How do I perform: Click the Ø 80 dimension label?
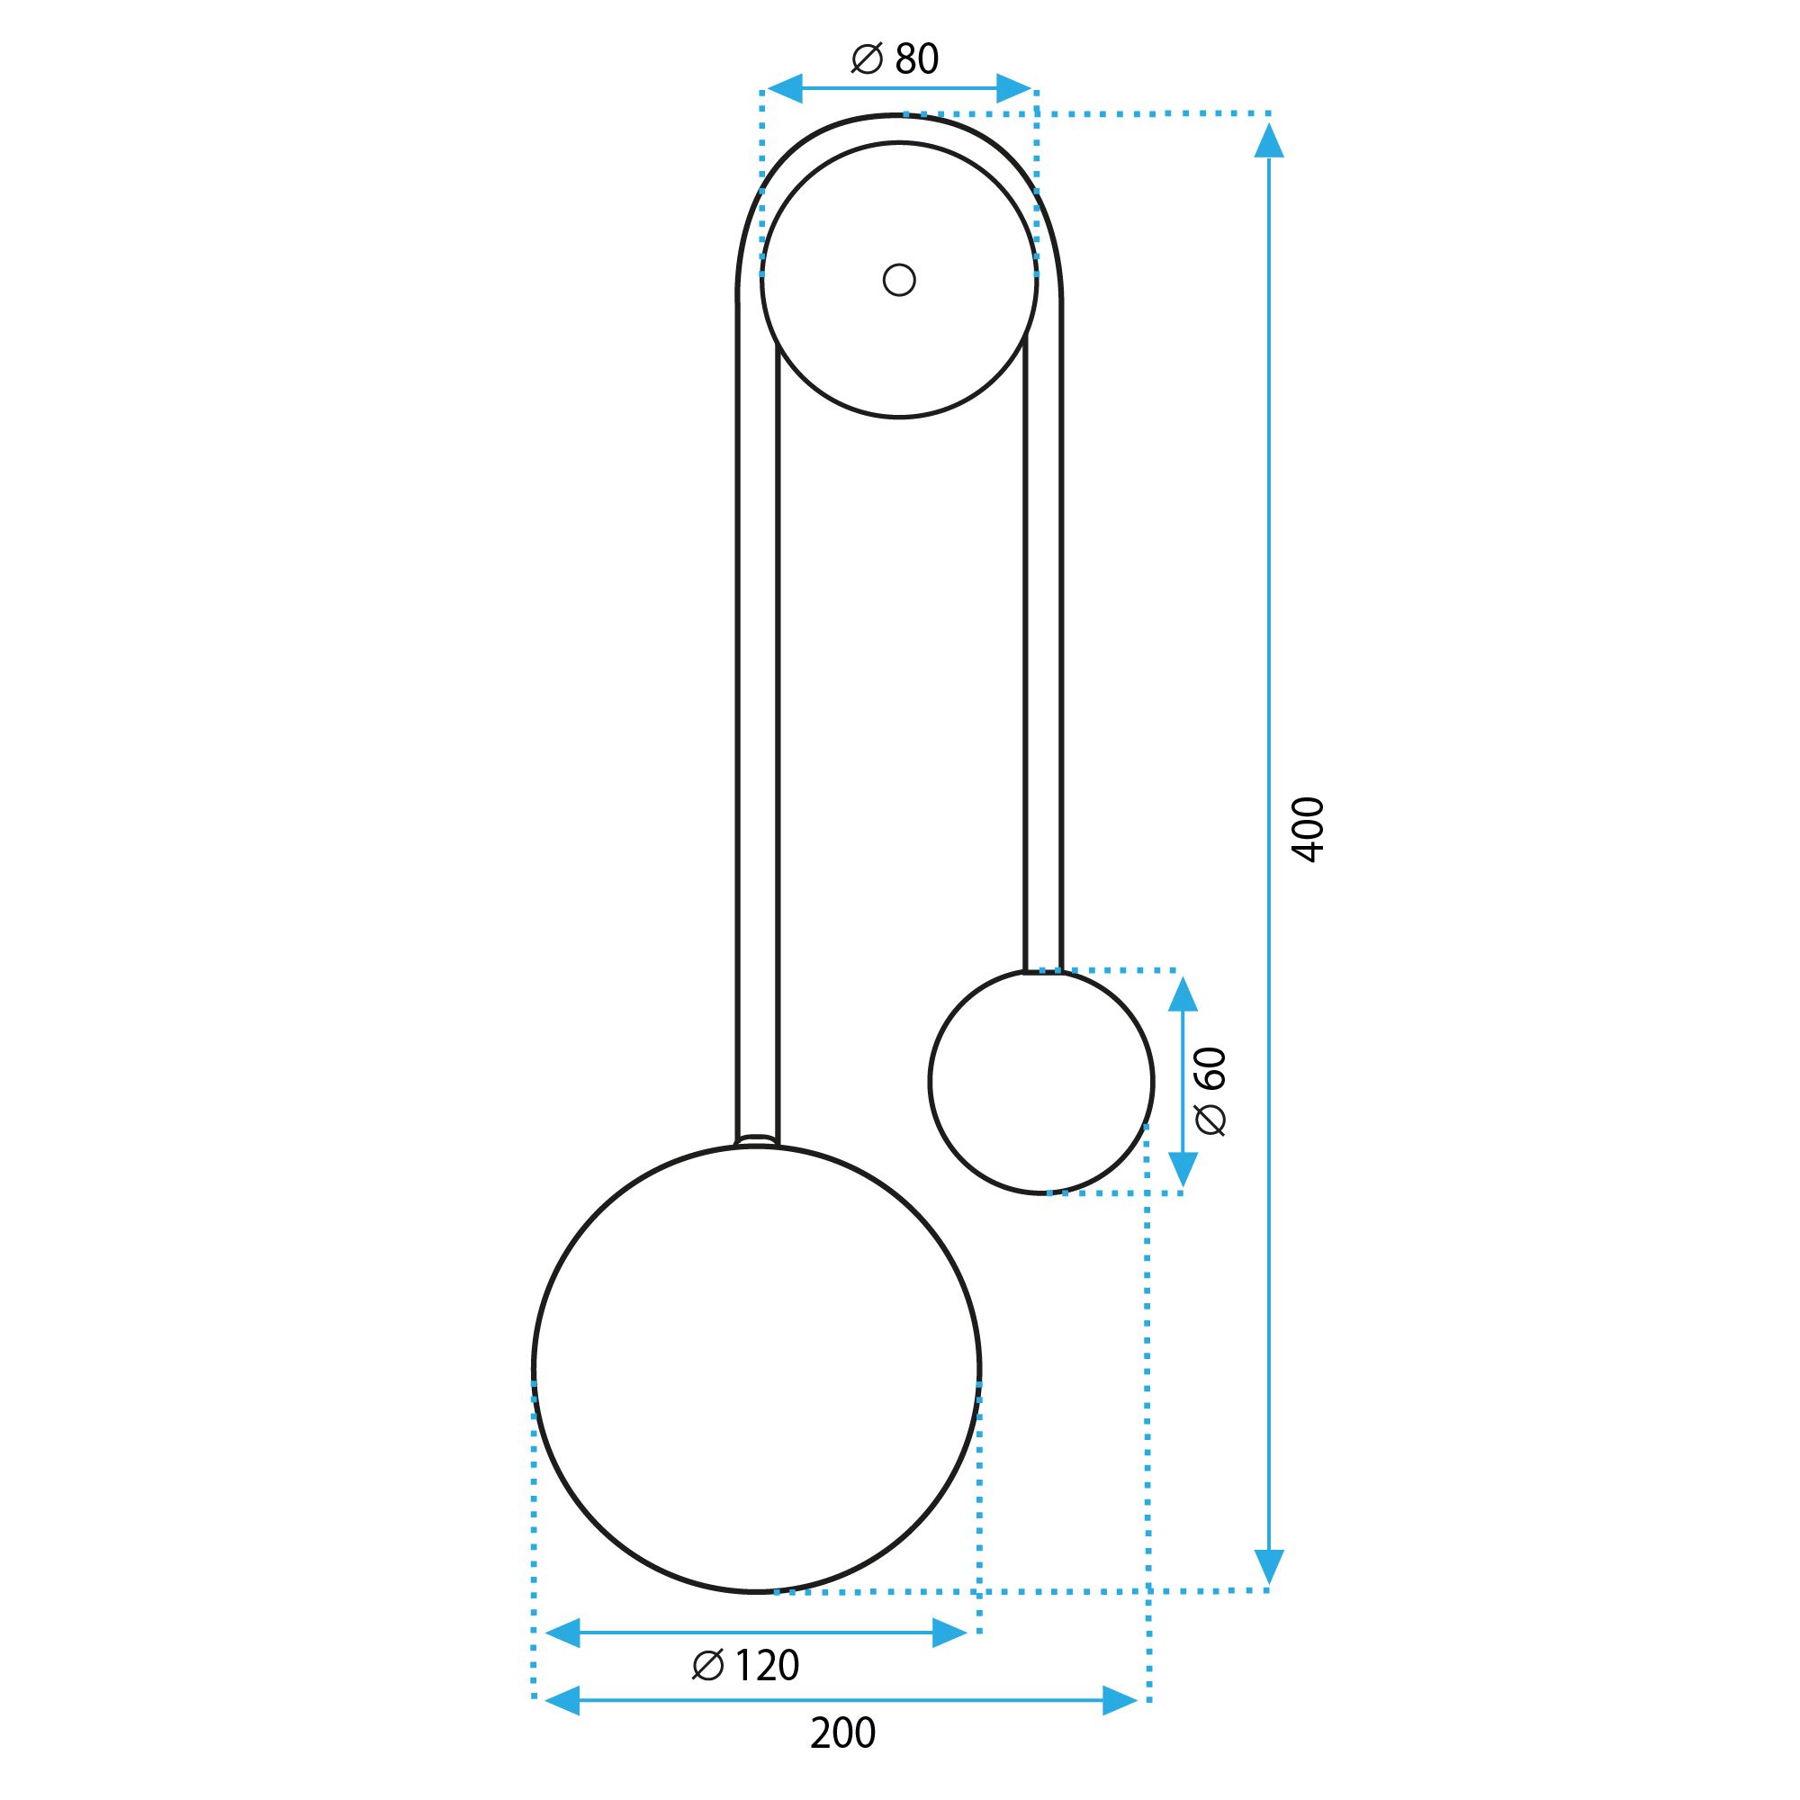[x=895, y=58]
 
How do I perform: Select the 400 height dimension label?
[x=1308, y=829]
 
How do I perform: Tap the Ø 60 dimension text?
[x=1211, y=1091]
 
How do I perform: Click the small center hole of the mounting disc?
[x=899, y=280]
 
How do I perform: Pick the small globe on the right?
[x=1040, y=1081]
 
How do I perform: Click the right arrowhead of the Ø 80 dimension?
[x=1013, y=88]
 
